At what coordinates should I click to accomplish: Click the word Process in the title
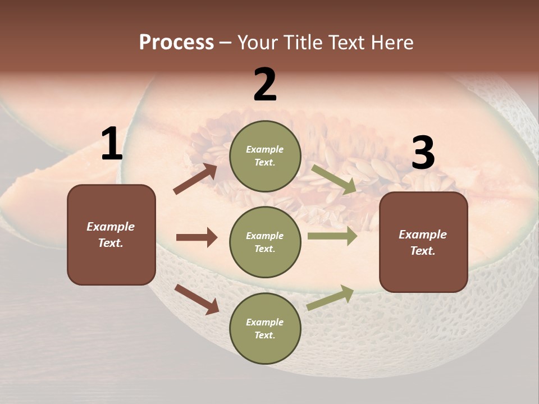click(x=176, y=43)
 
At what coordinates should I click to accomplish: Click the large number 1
click(x=112, y=144)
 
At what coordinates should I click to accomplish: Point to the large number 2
click(x=265, y=85)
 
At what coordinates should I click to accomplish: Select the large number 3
click(x=423, y=153)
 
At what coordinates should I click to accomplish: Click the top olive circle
click(x=265, y=156)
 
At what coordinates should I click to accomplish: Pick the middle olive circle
click(x=265, y=242)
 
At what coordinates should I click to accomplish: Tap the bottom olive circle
click(x=265, y=328)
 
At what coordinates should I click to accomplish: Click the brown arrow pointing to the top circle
click(x=195, y=179)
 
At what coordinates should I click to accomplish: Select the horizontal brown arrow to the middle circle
click(x=197, y=237)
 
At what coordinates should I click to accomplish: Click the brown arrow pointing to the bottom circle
click(x=197, y=299)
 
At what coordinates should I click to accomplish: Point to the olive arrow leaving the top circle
click(x=334, y=180)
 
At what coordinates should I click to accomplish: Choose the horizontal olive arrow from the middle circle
click(x=332, y=236)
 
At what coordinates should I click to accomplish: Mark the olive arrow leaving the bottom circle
click(x=330, y=298)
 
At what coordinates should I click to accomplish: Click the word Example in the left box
click(x=111, y=227)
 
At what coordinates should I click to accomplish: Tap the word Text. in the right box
click(x=423, y=251)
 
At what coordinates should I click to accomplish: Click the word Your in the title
click(x=257, y=43)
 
